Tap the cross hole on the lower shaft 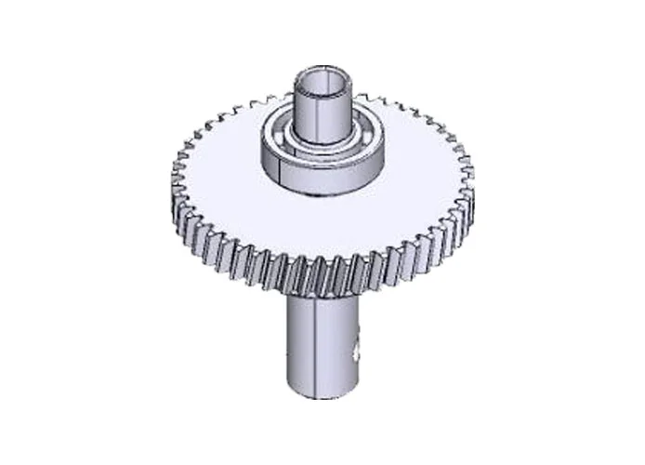(357, 352)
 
